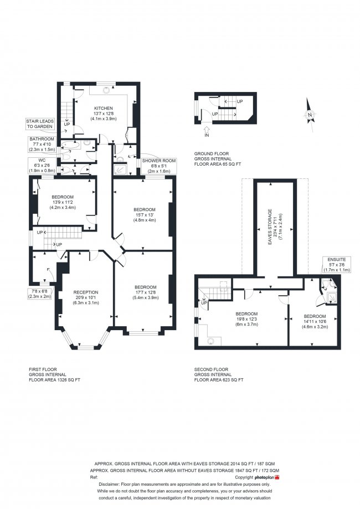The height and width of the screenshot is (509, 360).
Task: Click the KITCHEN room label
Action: [103, 108]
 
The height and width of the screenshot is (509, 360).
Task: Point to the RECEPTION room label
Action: [86, 292]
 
